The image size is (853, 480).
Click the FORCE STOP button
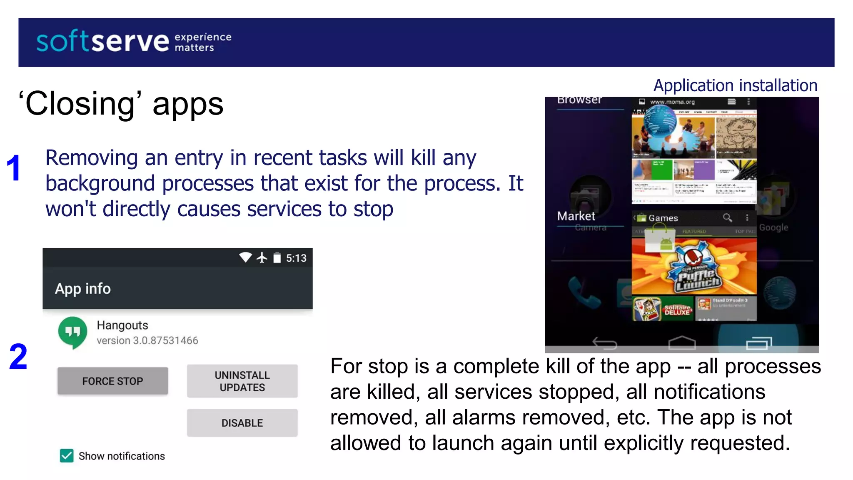click(x=112, y=381)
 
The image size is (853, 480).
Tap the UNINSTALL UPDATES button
click(x=242, y=381)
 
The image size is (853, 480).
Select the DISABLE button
click(x=242, y=423)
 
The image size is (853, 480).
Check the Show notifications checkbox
click(x=67, y=456)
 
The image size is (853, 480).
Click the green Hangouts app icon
click(x=73, y=332)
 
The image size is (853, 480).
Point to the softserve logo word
click(x=102, y=42)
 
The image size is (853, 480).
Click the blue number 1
click(x=14, y=168)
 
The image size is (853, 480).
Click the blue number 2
click(x=18, y=357)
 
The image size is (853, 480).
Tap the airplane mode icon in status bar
click(x=262, y=258)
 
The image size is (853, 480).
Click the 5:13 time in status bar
click(x=296, y=258)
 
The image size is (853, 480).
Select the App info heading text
click(x=83, y=289)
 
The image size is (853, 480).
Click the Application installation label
click(x=735, y=85)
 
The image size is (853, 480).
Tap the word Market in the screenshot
click(x=576, y=216)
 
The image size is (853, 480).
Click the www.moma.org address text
click(x=672, y=102)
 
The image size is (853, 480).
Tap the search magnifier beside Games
click(x=727, y=217)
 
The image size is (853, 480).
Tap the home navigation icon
click(x=682, y=343)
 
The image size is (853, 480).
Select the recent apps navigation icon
click(x=758, y=343)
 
